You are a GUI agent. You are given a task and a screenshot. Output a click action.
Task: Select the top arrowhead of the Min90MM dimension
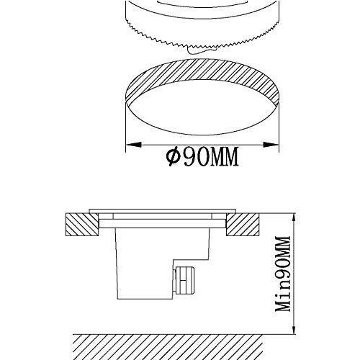click(x=293, y=216)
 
